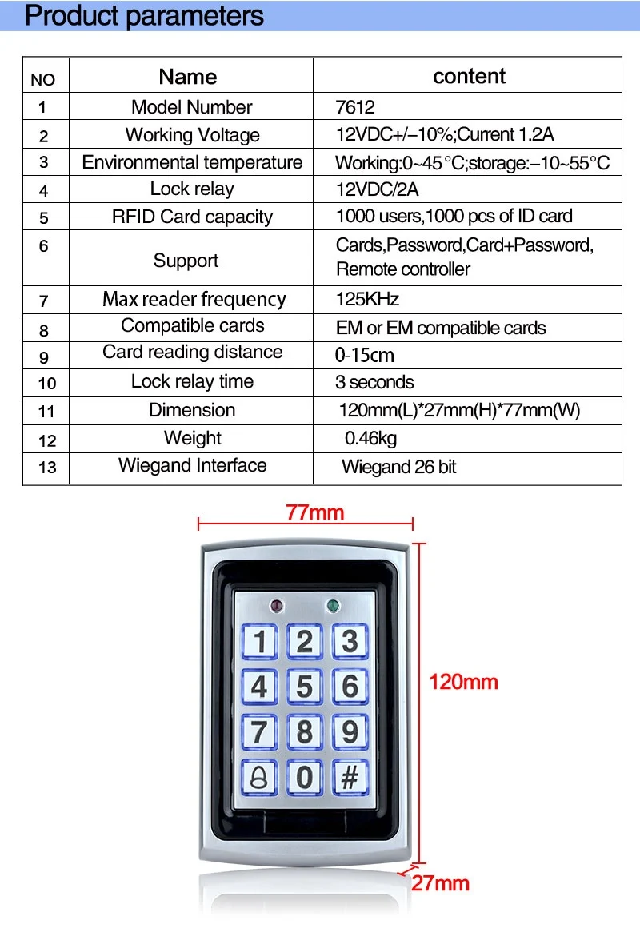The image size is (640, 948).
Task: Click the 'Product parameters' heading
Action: tap(144, 15)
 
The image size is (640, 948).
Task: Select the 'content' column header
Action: tap(469, 76)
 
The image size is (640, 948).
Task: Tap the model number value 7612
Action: tap(355, 107)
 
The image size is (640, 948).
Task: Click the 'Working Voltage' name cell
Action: tap(192, 135)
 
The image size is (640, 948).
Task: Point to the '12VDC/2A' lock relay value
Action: tap(377, 189)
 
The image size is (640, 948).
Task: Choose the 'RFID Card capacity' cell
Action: tap(192, 217)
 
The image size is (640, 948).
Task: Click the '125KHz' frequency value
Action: tap(367, 299)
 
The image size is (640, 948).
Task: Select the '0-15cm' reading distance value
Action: tap(364, 355)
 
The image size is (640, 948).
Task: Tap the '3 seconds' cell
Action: tap(374, 382)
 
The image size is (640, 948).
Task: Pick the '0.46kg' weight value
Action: tap(370, 438)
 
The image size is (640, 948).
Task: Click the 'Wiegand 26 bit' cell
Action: tap(398, 467)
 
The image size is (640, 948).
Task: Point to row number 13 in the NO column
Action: tap(47, 468)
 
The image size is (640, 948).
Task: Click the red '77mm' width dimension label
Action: tap(314, 512)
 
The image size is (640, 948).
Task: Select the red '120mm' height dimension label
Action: tap(463, 682)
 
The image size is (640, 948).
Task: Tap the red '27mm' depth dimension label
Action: tap(440, 883)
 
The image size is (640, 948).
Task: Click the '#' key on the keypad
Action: tap(350, 777)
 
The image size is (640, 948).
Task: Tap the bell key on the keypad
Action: tap(259, 777)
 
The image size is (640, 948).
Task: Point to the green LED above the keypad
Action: tap(333, 605)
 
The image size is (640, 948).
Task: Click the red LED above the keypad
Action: tap(277, 605)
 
